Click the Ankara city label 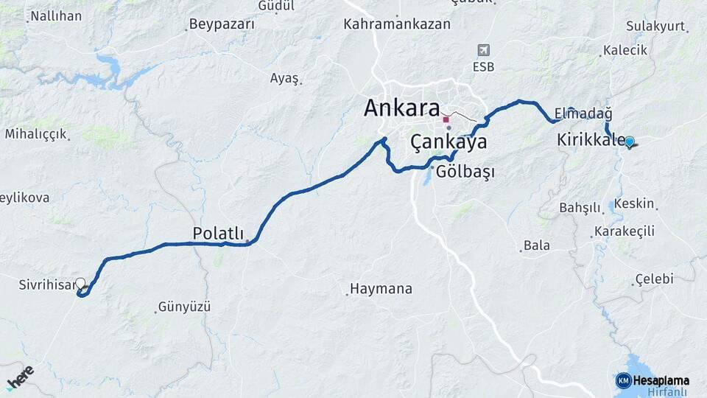(x=401, y=109)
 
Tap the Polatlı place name (x=218, y=233)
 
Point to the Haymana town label (x=381, y=288)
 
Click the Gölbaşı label (x=465, y=172)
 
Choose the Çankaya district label (x=449, y=142)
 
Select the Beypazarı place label (x=222, y=24)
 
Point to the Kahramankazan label (x=397, y=24)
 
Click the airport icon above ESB (x=484, y=50)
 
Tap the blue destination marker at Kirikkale (x=630, y=142)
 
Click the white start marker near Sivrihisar (x=80, y=282)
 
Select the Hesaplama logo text (x=653, y=380)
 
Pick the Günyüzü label (x=184, y=306)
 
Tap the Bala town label (x=536, y=245)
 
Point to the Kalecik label (x=625, y=50)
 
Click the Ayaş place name (x=284, y=78)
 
